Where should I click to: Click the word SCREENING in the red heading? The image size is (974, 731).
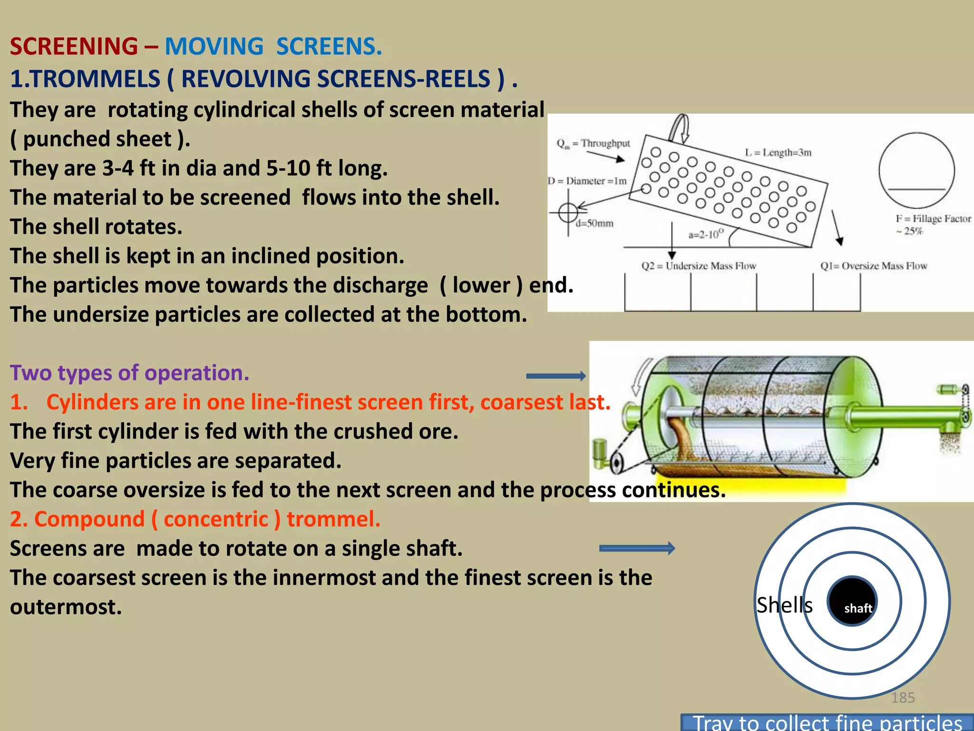point(74,47)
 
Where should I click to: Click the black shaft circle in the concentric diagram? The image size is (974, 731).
point(852,601)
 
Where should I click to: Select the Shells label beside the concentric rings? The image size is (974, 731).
point(784,605)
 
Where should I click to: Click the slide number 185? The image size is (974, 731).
point(903,698)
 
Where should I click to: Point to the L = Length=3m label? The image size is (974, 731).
point(778,152)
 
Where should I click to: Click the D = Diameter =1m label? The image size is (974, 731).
point(587,181)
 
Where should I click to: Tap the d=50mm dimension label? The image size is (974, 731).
point(594,223)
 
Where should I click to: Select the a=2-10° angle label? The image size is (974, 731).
point(706,234)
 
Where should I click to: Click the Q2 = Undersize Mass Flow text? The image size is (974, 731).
point(699,266)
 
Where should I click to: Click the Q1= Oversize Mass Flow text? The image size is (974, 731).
point(874,266)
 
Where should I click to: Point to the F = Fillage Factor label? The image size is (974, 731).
point(933,219)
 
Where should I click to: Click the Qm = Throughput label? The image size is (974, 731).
point(593,143)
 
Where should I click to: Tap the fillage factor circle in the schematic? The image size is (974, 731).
point(916,170)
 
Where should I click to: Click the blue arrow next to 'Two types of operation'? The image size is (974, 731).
point(555,376)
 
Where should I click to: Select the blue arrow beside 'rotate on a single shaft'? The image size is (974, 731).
point(637,548)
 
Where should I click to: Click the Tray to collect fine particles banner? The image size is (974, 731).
point(827,722)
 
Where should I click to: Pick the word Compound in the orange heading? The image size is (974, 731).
point(89,519)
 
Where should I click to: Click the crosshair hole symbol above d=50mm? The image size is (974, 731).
point(568,212)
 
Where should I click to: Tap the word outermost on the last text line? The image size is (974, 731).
point(66,607)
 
